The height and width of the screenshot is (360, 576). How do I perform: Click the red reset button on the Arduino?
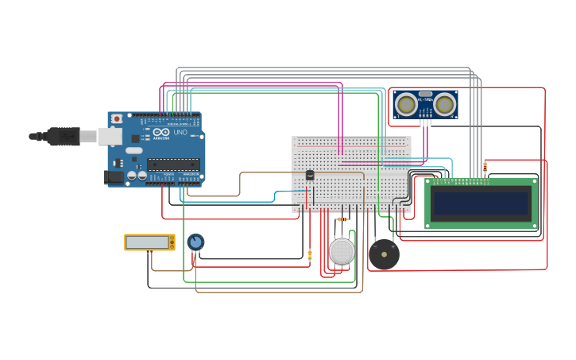(117, 119)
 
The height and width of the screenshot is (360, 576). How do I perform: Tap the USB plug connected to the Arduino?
(64, 137)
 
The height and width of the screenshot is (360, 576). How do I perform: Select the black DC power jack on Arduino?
(114, 177)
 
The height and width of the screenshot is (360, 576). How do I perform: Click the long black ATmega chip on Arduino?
(173, 165)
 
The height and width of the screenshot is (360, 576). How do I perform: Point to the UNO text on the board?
(180, 133)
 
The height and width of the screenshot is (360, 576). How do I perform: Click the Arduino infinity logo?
(160, 133)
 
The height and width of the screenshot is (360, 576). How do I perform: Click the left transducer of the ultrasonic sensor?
(407, 104)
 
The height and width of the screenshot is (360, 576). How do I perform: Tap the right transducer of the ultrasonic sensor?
(444, 104)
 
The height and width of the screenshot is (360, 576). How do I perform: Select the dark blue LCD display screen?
(481, 204)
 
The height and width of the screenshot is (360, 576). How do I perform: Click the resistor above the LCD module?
(485, 167)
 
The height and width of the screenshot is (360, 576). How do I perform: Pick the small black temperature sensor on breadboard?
(310, 175)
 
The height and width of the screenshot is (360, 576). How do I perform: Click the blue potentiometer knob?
(195, 242)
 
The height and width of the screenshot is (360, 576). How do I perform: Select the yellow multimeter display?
(148, 242)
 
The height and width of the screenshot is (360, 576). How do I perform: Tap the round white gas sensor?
(342, 251)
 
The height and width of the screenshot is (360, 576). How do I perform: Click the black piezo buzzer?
(384, 255)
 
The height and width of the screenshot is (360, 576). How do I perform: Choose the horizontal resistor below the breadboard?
(342, 219)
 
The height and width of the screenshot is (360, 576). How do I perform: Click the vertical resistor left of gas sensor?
(310, 255)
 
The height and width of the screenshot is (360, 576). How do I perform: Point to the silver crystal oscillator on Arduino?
(134, 150)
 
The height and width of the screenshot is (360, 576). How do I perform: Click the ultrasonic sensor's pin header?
(427, 122)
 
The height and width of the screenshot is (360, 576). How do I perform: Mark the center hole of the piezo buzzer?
(384, 255)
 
